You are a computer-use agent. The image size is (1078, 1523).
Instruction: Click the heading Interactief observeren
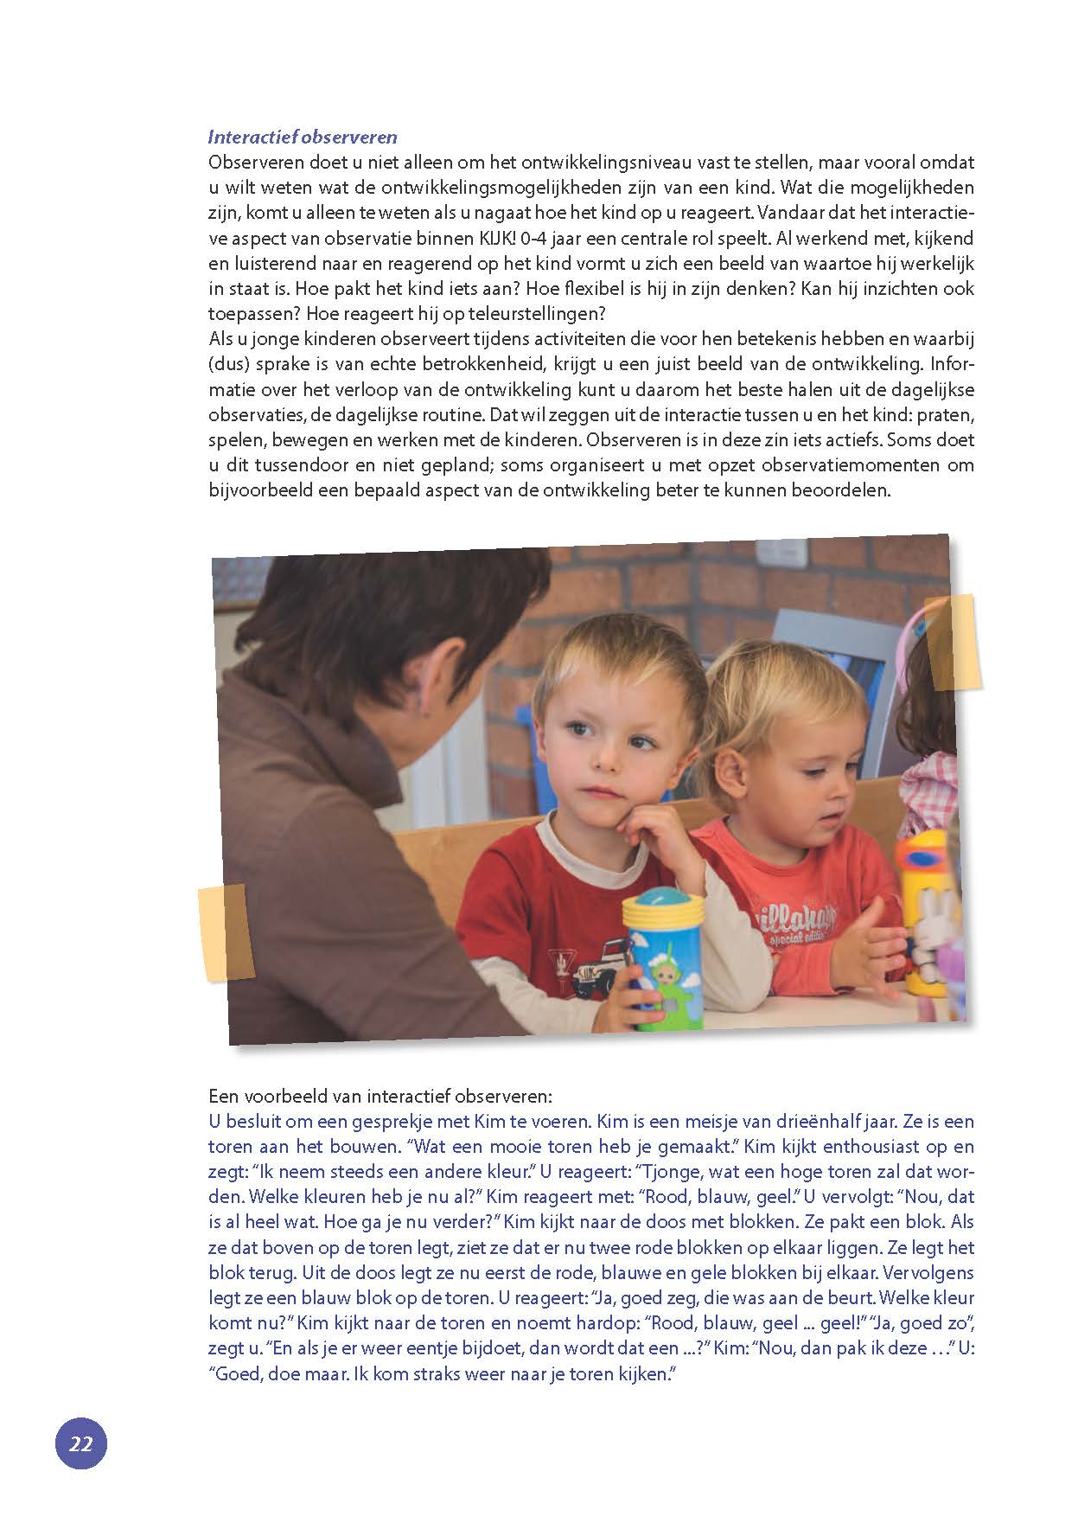point(303,137)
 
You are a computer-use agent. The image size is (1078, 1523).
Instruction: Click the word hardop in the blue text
point(596,1323)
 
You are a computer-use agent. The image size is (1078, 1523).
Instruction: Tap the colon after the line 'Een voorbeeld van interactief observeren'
point(549,1097)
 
